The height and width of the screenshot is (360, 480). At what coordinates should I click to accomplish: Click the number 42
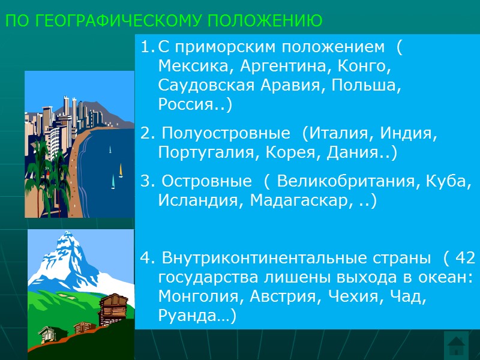click(x=466, y=258)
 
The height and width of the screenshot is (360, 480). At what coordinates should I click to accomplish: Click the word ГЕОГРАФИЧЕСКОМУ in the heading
click(x=115, y=22)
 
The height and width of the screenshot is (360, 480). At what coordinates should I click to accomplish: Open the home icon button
click(x=457, y=345)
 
